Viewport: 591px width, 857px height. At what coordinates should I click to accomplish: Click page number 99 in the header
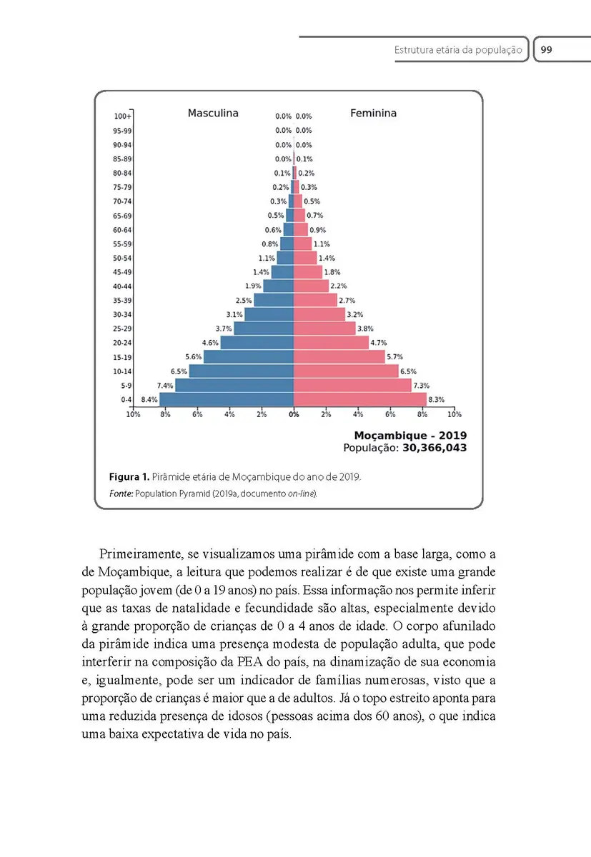pyautogui.click(x=546, y=50)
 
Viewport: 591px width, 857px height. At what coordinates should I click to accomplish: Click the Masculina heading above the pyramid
pyautogui.click(x=213, y=113)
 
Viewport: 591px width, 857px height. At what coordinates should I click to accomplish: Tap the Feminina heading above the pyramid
pyautogui.click(x=373, y=113)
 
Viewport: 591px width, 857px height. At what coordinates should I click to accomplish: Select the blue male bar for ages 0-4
pyautogui.click(x=227, y=400)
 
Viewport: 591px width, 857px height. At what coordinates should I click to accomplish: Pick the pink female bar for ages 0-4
pyautogui.click(x=359, y=400)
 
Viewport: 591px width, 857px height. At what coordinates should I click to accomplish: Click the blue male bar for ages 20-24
pyautogui.click(x=257, y=343)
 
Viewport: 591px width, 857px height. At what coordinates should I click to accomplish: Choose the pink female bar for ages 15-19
pyautogui.click(x=339, y=357)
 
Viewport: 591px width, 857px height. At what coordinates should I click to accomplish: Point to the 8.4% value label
pyautogui.click(x=149, y=400)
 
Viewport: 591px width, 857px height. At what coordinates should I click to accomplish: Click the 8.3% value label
pyautogui.click(x=436, y=400)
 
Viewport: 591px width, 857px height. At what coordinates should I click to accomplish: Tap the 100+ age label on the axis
pyautogui.click(x=122, y=116)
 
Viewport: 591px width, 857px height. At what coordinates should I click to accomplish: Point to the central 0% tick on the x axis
pyautogui.click(x=294, y=414)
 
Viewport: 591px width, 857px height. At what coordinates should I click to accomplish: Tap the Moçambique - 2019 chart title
pyautogui.click(x=410, y=435)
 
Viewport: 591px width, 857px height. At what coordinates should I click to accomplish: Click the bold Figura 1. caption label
pyautogui.click(x=129, y=476)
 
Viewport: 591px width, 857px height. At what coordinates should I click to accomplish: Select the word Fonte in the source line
pyautogui.click(x=120, y=493)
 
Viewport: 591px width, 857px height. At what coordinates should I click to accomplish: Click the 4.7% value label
pyautogui.click(x=379, y=343)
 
